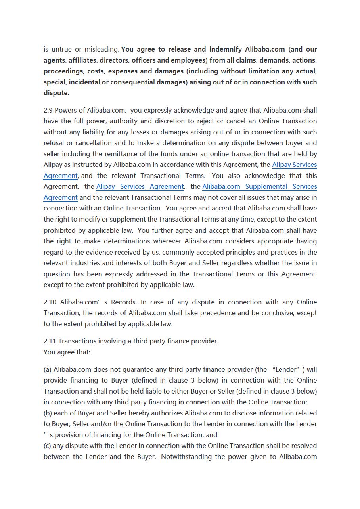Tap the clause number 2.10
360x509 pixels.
pos(50,302)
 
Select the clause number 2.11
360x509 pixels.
pos(50,341)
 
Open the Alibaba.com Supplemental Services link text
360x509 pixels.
pos(259,186)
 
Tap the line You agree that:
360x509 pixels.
pos(67,352)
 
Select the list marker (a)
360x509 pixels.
pos(48,369)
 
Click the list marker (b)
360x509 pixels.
pos(48,413)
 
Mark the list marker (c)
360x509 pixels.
pos(47,446)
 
